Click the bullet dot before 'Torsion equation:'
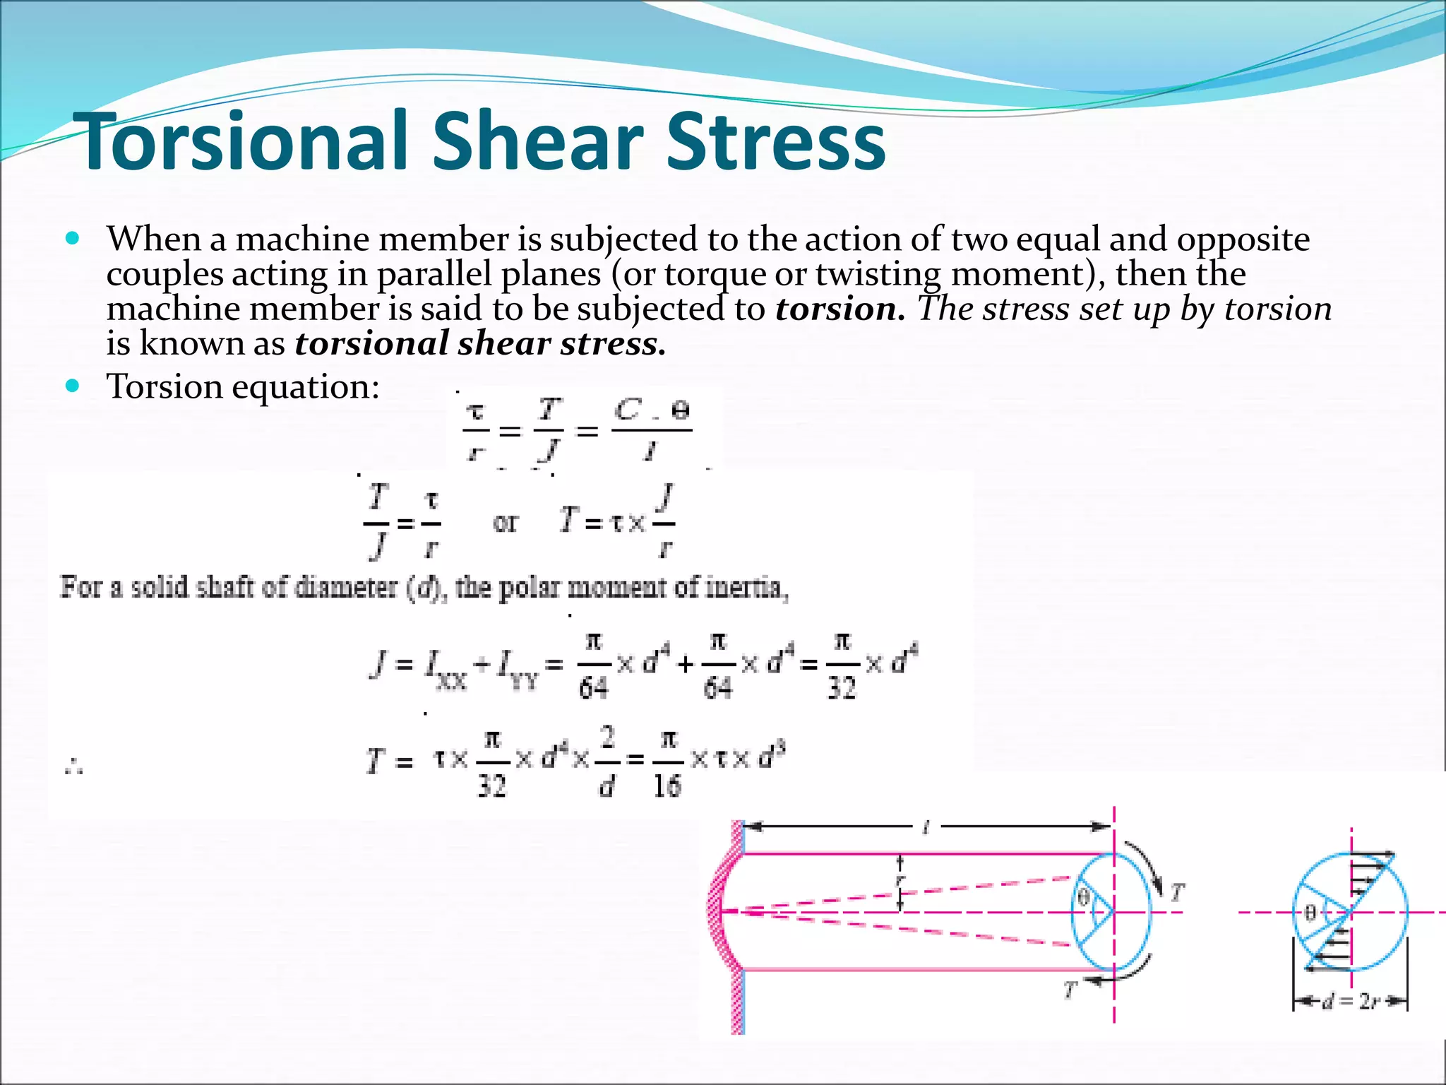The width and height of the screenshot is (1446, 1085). point(72,386)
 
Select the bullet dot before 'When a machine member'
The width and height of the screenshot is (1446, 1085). point(72,238)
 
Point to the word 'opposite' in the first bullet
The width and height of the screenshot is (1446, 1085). point(1243,240)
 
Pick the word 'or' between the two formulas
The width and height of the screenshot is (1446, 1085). point(505,523)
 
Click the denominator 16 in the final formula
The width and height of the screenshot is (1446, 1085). point(667,785)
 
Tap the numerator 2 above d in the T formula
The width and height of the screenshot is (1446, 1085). point(608,738)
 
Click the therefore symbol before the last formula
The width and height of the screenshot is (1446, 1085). point(73,766)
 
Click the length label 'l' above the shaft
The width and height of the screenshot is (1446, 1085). point(926,827)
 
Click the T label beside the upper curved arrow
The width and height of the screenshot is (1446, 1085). point(1176,893)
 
